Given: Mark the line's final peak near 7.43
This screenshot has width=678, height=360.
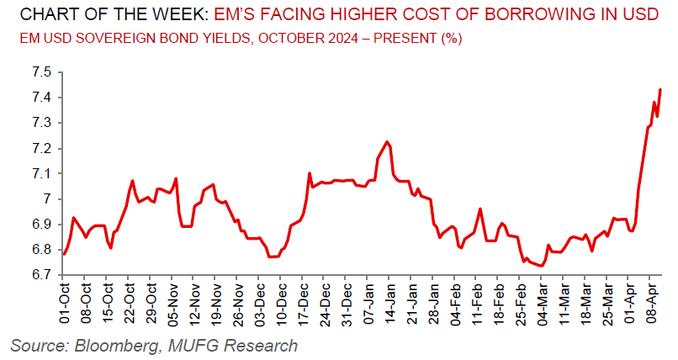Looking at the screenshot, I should pyautogui.click(x=660, y=89).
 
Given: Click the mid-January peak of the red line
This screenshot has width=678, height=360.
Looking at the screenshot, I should pyautogui.click(x=386, y=141).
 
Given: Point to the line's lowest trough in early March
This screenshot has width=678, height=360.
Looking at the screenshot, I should pyautogui.click(x=542, y=266).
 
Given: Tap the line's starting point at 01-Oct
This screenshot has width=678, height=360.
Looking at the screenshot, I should pyautogui.click(x=64, y=253).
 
